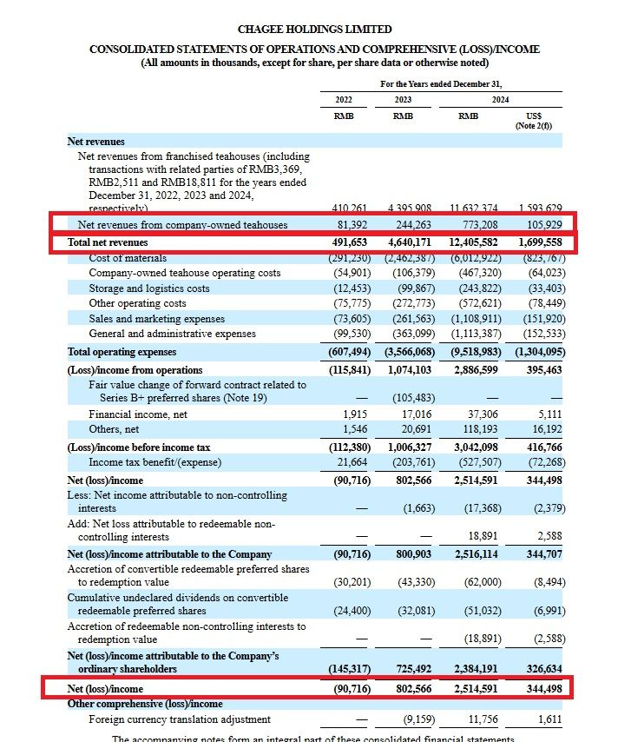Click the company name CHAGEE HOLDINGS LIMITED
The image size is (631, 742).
316,30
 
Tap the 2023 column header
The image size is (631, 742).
402,98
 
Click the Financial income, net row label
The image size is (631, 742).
138,415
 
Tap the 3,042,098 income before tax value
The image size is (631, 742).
476,447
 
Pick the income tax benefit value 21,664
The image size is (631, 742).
353,462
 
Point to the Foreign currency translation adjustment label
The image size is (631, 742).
179,719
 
